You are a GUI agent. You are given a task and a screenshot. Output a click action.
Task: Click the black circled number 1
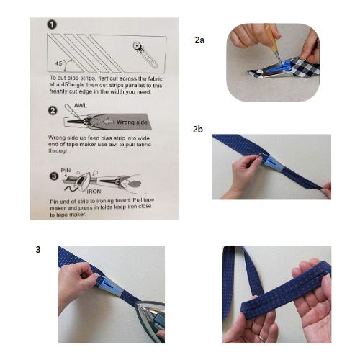52,24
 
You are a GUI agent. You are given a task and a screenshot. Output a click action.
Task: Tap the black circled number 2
53,111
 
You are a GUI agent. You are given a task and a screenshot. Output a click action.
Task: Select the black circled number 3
54,176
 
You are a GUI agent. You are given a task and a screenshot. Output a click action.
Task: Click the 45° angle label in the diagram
60,63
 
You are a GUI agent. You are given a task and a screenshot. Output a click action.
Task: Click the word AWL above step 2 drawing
81,105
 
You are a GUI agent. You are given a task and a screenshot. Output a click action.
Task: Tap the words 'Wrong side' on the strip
132,122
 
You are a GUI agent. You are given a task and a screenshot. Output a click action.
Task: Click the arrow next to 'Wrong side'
108,122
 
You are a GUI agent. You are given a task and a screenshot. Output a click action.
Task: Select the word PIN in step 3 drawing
66,170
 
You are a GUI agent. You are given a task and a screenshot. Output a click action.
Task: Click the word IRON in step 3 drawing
94,192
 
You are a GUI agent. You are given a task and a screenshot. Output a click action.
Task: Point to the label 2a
199,40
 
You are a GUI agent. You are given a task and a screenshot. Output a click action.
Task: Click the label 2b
198,129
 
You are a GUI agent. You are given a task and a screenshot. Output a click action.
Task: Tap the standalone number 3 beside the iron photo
38,250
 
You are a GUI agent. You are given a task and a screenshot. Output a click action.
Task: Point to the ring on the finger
262,338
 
